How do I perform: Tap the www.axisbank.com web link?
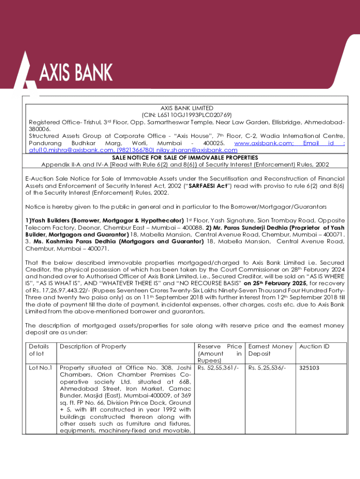click(263, 143)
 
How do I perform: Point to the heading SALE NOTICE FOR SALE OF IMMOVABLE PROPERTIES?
click(185, 158)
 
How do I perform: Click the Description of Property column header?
click(94, 347)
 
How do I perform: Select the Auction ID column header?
click(314, 347)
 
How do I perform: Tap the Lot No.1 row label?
click(40, 368)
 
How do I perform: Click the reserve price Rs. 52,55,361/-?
click(218, 368)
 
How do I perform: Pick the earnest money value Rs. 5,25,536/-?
click(266, 368)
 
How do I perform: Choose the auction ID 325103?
click(309, 368)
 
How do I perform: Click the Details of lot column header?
click(40, 350)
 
